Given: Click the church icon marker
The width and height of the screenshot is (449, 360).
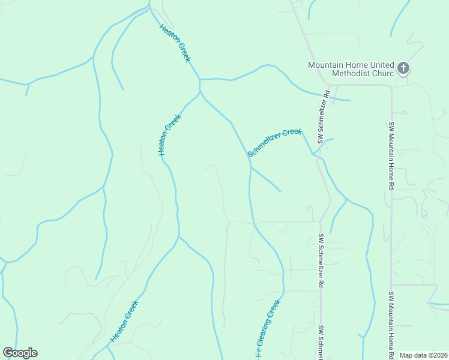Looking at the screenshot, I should [x=403, y=68].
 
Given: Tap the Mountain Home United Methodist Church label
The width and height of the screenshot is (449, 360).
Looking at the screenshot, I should [x=351, y=69].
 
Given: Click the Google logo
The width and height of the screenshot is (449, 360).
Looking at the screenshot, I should [x=20, y=353].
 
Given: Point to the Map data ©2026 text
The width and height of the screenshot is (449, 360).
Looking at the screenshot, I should [x=423, y=355].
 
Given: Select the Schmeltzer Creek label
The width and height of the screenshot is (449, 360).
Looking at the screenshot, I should [x=274, y=142].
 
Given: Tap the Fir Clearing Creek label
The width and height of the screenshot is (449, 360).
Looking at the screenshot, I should [x=268, y=329].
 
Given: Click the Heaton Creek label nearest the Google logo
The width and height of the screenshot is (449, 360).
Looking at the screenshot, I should [x=124, y=322].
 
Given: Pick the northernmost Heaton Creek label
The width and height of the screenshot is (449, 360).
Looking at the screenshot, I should [x=175, y=43].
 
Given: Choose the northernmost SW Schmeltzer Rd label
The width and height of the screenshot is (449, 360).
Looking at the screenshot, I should [x=324, y=117].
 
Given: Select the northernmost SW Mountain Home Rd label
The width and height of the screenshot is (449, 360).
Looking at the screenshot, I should [x=390, y=156].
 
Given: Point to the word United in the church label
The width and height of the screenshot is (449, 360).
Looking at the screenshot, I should [x=381, y=64].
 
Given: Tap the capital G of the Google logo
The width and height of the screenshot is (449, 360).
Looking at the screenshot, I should [x=8, y=353].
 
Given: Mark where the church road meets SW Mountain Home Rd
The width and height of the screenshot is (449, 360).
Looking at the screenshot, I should [x=391, y=85].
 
